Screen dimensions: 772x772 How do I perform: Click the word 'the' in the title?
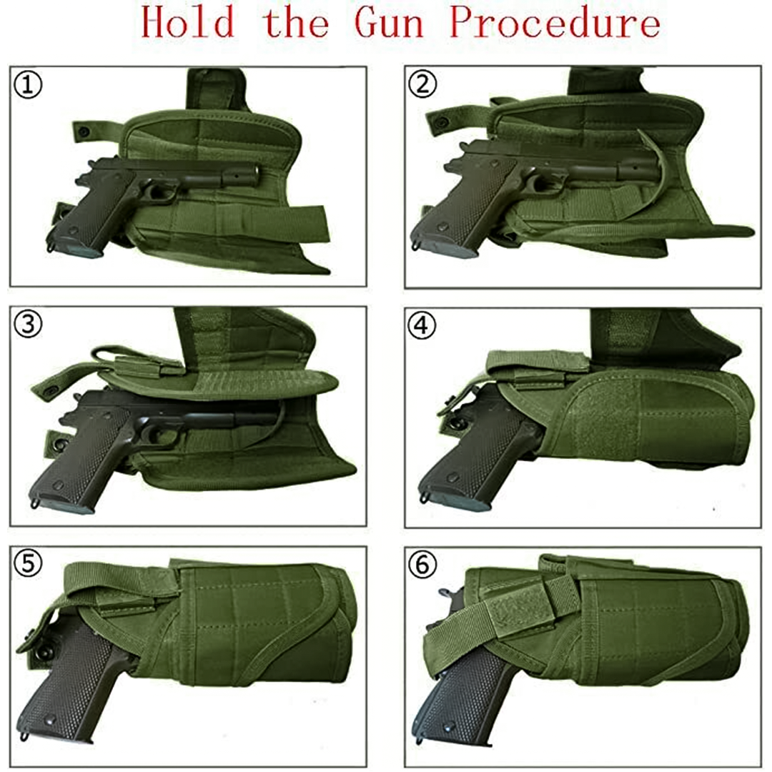296,24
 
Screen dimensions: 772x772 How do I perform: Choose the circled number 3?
29,325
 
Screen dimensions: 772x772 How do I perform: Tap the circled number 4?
423,325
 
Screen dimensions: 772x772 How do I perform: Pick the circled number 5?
29,565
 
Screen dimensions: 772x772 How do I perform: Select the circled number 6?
423,565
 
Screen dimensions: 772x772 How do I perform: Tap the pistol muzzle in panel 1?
254,171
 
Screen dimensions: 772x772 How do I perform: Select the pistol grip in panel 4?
465,457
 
